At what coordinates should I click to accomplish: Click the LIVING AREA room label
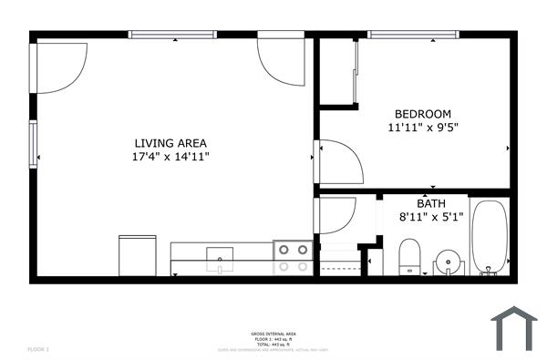(x=170, y=143)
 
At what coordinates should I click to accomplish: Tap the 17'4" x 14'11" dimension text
(x=170, y=157)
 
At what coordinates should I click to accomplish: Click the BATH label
(x=431, y=203)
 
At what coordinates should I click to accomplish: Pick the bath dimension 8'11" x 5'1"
(x=431, y=217)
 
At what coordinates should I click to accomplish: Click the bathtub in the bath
(x=490, y=237)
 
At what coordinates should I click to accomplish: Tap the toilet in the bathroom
(x=410, y=256)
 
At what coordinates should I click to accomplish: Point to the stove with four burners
(x=293, y=257)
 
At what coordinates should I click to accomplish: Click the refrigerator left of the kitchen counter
(x=139, y=254)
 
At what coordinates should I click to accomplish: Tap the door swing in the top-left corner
(x=59, y=66)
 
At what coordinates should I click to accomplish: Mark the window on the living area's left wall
(x=34, y=144)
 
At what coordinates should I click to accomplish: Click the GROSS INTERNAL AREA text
(x=273, y=334)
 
